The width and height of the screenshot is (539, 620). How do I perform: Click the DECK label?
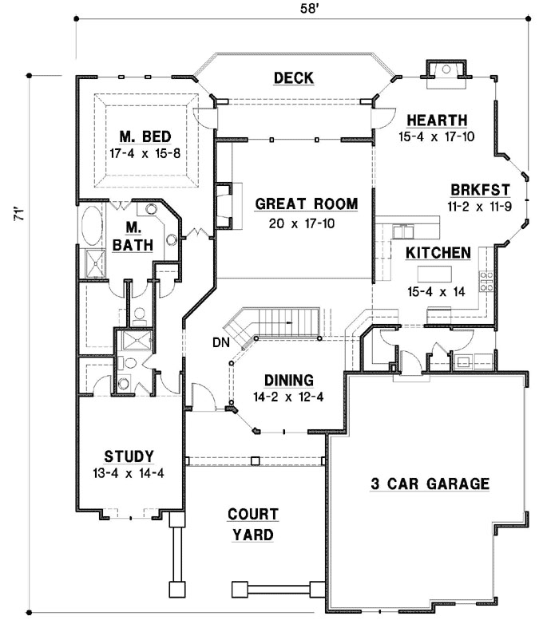click(294, 78)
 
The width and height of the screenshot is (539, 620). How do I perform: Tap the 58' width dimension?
click(309, 9)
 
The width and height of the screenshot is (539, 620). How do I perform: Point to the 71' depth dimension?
click(19, 214)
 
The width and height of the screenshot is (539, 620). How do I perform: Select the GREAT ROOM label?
click(307, 204)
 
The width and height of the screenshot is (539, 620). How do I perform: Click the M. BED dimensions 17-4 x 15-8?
click(145, 153)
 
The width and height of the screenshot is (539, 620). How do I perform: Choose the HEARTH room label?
click(437, 120)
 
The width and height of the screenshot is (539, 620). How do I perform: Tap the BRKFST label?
click(480, 190)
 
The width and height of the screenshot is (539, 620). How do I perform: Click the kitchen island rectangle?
click(434, 274)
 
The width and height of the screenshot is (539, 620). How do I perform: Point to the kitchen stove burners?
click(486, 281)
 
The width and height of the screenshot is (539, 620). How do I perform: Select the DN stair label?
click(221, 342)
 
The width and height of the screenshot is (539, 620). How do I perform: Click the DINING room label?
click(289, 381)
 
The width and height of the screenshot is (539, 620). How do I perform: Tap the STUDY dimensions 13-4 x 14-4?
click(129, 473)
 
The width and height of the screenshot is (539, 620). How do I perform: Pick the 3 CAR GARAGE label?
click(430, 484)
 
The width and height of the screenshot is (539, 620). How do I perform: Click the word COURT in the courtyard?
click(253, 515)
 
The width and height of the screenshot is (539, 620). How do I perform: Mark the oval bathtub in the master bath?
click(92, 224)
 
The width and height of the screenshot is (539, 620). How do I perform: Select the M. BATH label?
click(133, 236)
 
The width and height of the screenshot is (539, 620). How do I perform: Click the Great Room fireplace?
click(224, 206)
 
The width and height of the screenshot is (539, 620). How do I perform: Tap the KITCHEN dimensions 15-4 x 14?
click(436, 292)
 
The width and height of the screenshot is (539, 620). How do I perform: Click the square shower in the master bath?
click(96, 263)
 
